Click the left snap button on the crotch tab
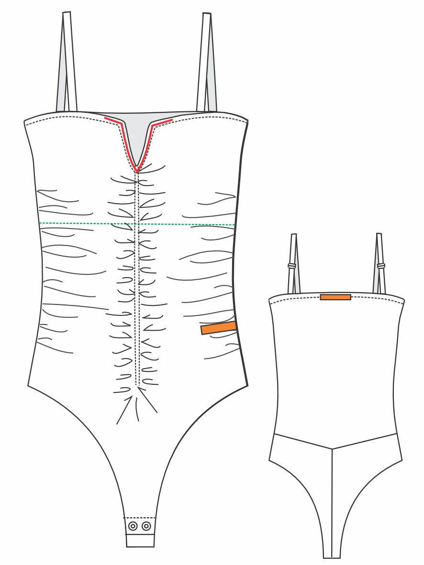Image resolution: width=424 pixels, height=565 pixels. (x=133, y=526)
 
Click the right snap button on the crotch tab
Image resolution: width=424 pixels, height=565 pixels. (x=146, y=526)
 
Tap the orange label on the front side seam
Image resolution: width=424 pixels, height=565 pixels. (x=219, y=328)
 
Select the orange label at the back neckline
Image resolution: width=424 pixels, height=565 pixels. (x=335, y=297)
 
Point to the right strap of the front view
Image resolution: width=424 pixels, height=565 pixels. (x=206, y=62)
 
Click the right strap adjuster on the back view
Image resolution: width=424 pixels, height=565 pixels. (x=381, y=265)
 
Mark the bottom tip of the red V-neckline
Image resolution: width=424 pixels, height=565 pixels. (x=137, y=170)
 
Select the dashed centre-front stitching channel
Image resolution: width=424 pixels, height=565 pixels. (x=137, y=277)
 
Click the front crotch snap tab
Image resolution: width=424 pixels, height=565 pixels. (x=140, y=533)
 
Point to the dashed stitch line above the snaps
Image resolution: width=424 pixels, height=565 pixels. (x=140, y=518)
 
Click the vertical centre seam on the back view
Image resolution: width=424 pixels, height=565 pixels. (x=332, y=502)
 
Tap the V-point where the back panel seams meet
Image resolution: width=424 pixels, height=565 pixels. (x=332, y=449)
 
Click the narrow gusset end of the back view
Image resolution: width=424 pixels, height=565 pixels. (x=332, y=554)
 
